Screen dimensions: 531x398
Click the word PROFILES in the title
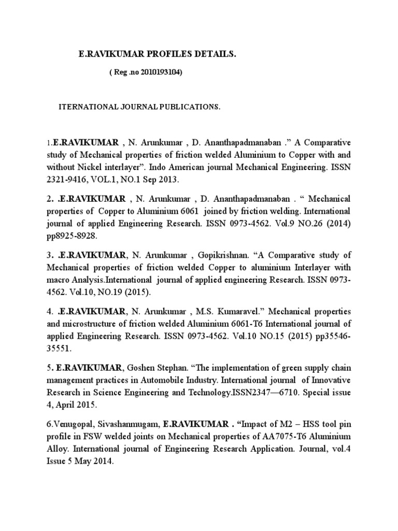tap(168, 54)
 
